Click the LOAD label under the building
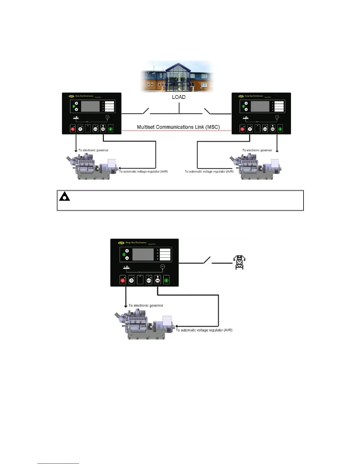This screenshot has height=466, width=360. point(179,97)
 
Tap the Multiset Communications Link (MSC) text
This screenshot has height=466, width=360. point(178,127)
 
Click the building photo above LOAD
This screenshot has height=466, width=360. point(177,76)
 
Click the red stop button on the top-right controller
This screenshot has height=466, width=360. point(242,129)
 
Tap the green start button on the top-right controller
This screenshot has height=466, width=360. point(280,129)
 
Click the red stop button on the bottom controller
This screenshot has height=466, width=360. point(123,280)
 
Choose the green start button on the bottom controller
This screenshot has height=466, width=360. point(166,280)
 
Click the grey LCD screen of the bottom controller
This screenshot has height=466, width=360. point(143,254)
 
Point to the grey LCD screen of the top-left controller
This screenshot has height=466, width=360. point(90,106)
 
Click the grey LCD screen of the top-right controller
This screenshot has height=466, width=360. point(260,106)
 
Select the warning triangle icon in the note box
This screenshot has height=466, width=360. point(64,197)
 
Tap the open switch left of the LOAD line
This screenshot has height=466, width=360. point(146,111)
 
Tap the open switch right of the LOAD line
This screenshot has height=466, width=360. point(207,111)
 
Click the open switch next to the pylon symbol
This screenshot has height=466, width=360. point(207,260)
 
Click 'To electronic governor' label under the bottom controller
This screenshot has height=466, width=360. point(146,306)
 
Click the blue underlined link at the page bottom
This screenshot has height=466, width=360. point(58,463)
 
